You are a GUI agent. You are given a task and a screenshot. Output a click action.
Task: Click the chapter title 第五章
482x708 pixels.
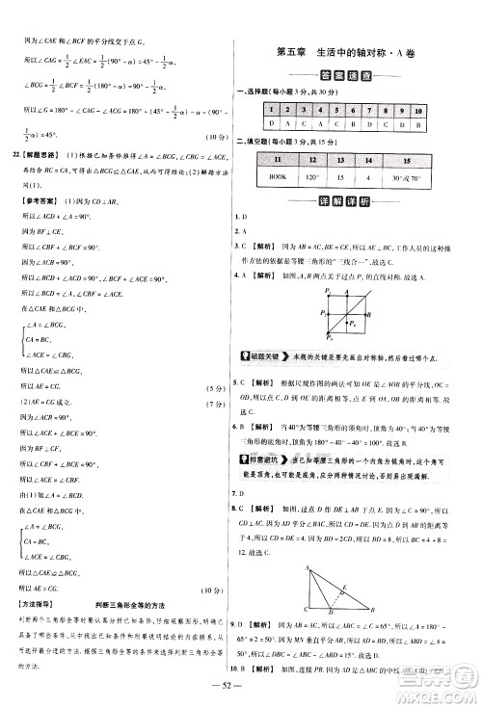tap(296, 52)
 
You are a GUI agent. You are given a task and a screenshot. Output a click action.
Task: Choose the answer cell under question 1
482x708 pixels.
tap(273, 125)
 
